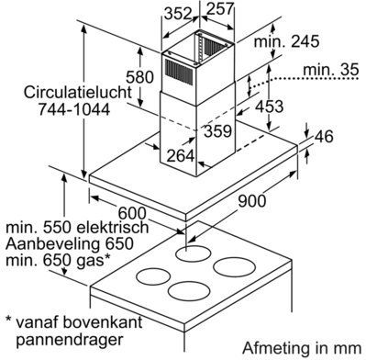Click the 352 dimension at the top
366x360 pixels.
(178, 14)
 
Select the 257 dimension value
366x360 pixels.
(220, 9)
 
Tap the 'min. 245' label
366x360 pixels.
(286, 41)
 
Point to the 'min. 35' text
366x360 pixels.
(330, 70)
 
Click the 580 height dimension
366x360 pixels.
(139, 77)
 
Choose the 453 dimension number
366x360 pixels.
(270, 107)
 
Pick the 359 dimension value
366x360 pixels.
(218, 131)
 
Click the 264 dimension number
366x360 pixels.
(181, 156)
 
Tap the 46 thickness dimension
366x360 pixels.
(324, 136)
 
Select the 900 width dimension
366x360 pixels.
(252, 201)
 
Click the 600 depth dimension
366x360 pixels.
(132, 213)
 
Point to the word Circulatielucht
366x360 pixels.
(78, 93)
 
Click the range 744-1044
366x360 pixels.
(74, 109)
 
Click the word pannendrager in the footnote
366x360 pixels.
(70, 340)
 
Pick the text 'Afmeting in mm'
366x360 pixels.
(302, 348)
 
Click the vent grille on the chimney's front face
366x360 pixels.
(179, 72)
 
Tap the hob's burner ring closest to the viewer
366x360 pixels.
(189, 291)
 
